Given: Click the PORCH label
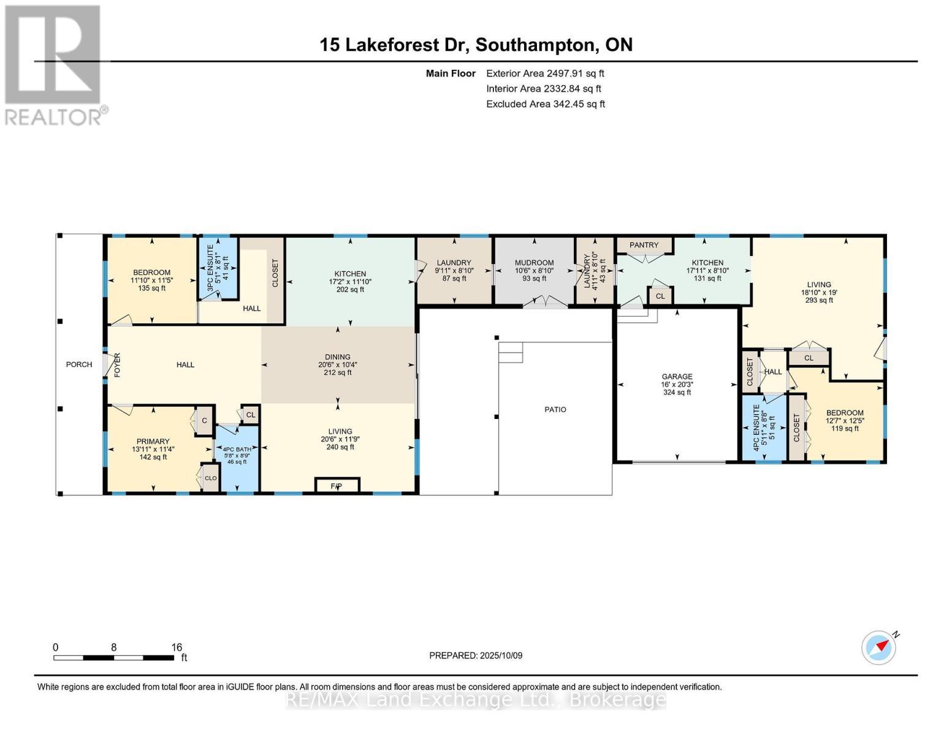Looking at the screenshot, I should coord(79,364).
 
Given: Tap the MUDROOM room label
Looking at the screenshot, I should coord(534,263).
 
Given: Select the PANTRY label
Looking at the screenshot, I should coord(644,245).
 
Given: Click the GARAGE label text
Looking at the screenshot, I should coord(677,377).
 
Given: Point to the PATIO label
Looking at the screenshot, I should coord(555,409).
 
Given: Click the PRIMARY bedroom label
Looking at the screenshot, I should coord(153,441).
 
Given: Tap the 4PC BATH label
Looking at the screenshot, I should coord(236,447).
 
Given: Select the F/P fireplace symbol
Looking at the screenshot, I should coord(337,486).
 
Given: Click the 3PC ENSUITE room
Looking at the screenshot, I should coord(218,268).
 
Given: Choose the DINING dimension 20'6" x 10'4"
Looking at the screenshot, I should coord(338,364).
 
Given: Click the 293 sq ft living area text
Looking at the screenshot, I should coord(819,300).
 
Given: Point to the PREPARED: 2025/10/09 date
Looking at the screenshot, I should coord(476,655).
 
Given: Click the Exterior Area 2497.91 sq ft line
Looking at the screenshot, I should coord(545,73).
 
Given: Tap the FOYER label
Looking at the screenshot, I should coord(116,364).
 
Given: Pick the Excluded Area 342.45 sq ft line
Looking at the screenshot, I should coord(545,104).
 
